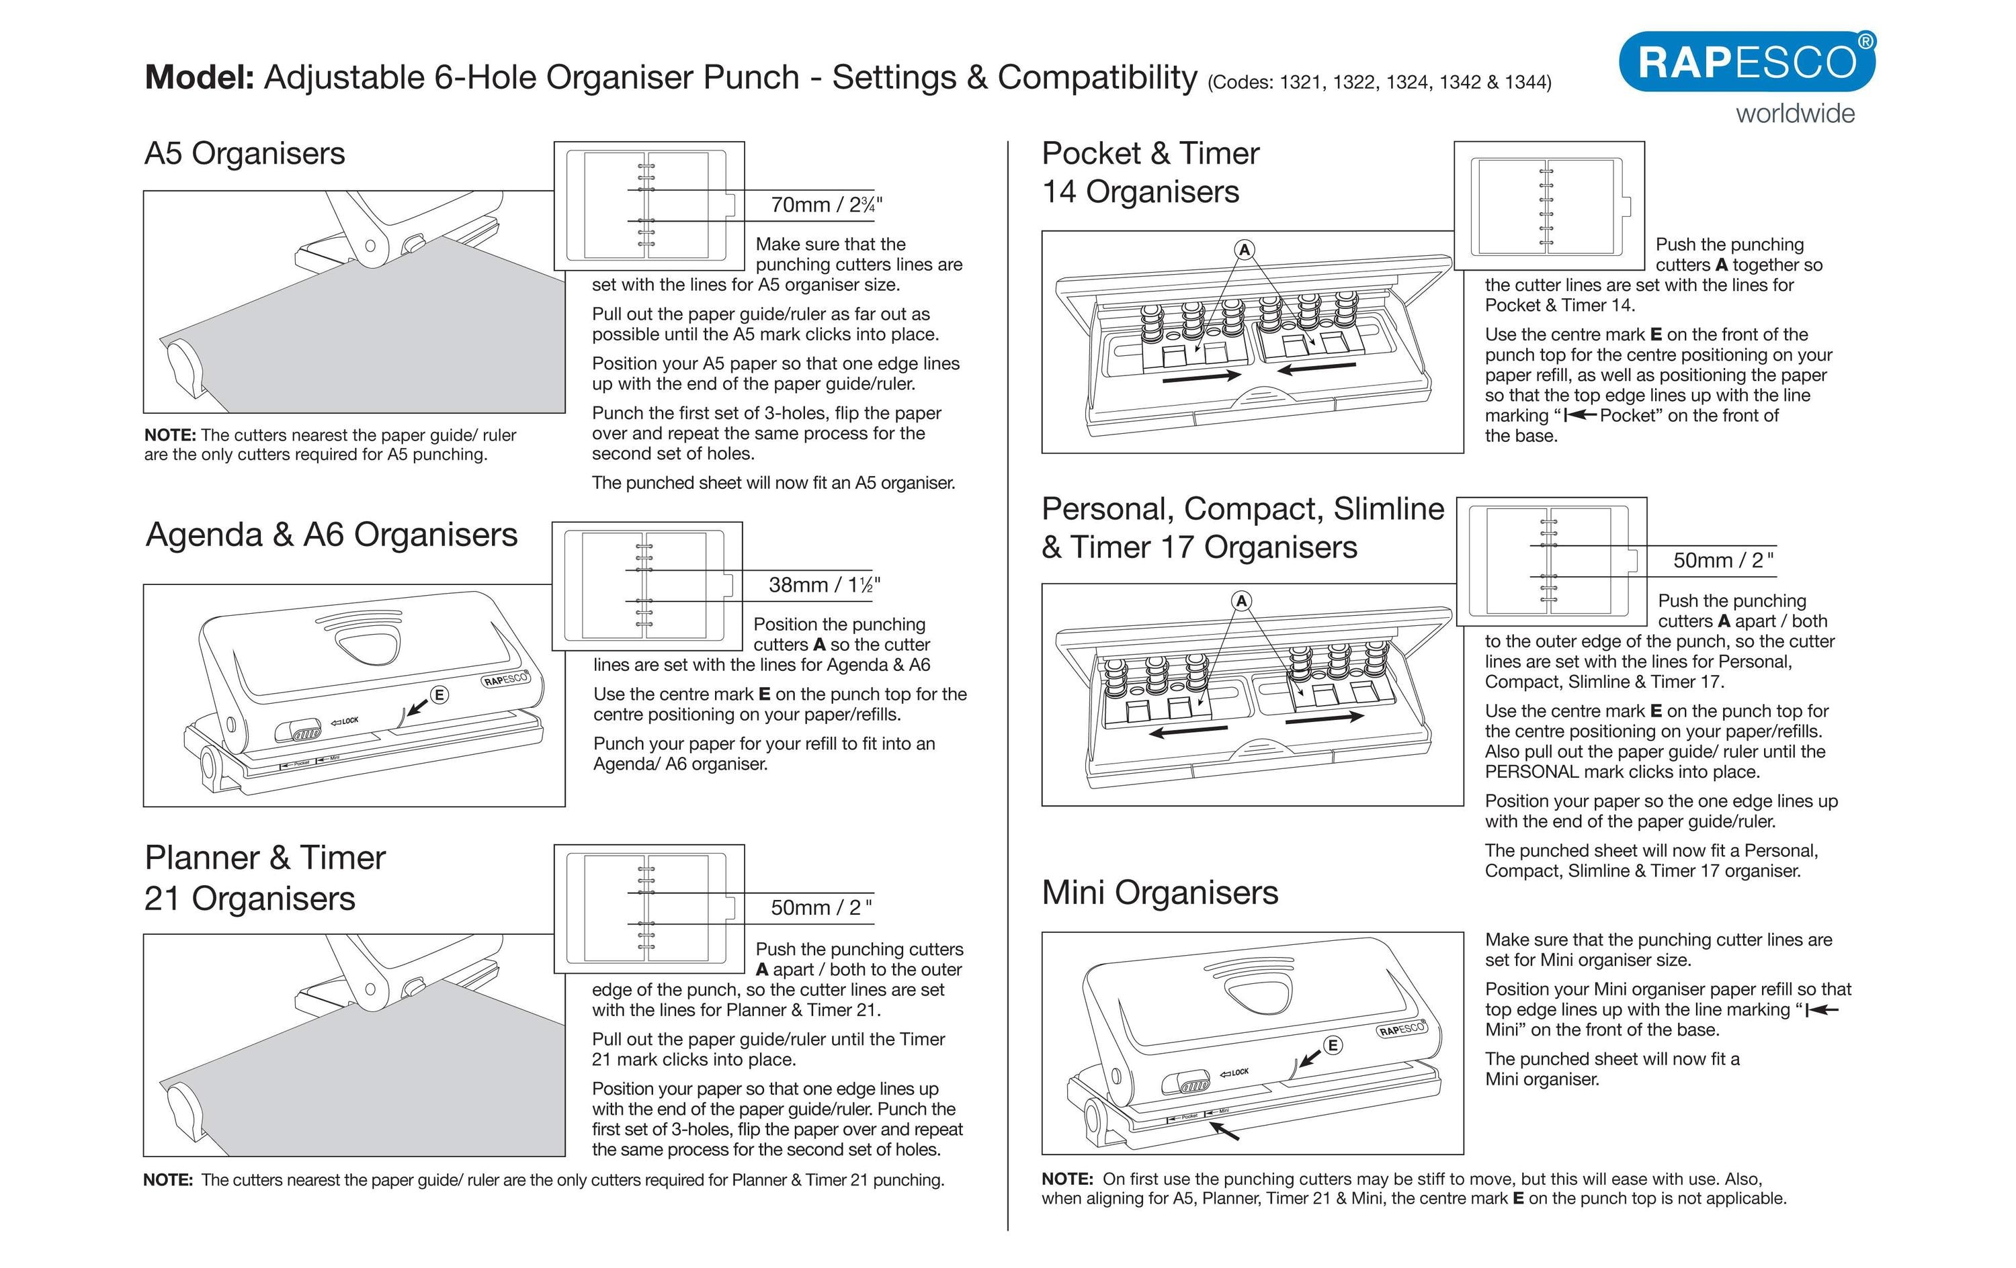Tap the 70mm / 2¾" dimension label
[x=825, y=205]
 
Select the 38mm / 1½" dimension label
[x=824, y=585]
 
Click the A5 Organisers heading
[x=245, y=154]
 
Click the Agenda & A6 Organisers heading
[x=331, y=535]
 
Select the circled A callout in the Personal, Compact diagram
[x=1242, y=601]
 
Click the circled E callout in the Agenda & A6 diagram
[x=439, y=694]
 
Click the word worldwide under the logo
[x=1795, y=114]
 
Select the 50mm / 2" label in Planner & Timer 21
[x=821, y=908]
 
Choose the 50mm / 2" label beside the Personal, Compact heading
[x=1723, y=561]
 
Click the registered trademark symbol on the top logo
[x=1866, y=41]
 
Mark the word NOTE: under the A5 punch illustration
[x=170, y=435]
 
